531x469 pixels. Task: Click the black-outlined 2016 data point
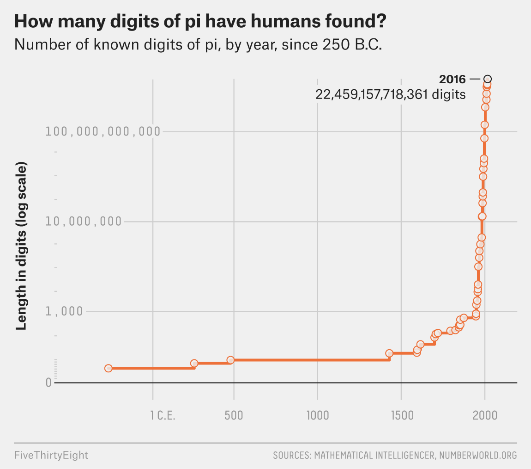coord(488,79)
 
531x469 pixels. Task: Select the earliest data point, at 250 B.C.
coord(109,368)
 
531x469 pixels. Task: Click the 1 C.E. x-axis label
coord(163,415)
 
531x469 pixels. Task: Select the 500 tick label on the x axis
coord(234,415)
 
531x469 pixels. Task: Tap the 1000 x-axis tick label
coord(318,415)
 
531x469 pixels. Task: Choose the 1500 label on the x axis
coord(401,415)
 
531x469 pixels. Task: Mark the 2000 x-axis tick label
coord(485,415)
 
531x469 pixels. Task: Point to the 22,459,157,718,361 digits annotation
coord(390,95)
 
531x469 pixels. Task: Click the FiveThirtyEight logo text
coord(51,455)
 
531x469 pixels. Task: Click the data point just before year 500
coord(230,360)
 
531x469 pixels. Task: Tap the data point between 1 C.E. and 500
coord(194,364)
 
